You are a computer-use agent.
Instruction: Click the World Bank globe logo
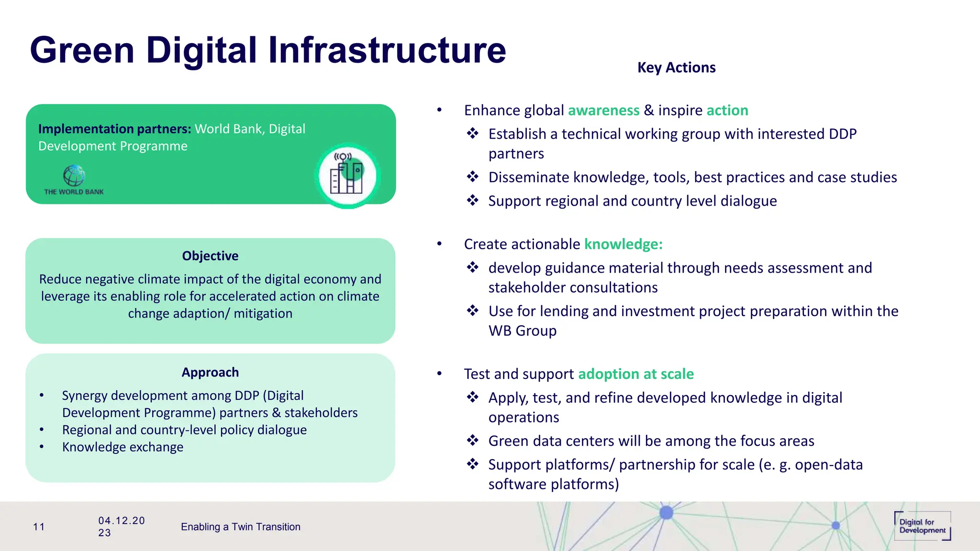click(x=74, y=176)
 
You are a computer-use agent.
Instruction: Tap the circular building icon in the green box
click(x=347, y=176)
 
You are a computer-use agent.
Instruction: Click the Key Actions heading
click(x=676, y=67)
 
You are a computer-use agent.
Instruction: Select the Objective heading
click(x=210, y=256)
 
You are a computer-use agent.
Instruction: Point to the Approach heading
click(x=210, y=372)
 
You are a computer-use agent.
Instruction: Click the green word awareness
click(x=603, y=110)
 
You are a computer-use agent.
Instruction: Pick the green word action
click(x=727, y=110)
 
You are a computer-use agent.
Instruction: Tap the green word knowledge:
click(x=623, y=244)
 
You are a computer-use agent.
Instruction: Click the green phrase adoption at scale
click(x=635, y=374)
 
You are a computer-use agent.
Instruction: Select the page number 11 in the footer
click(x=39, y=527)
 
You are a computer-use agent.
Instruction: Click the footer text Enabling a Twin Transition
click(x=240, y=527)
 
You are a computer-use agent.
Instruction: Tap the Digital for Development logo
click(x=922, y=526)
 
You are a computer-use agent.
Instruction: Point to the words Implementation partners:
click(x=114, y=129)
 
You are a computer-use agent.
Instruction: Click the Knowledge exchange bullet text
click(x=122, y=447)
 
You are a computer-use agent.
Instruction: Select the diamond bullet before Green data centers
click(x=473, y=441)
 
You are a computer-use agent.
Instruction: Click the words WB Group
click(x=522, y=331)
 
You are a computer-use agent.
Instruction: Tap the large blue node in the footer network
click(x=666, y=513)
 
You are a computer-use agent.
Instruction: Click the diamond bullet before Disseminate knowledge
click(x=473, y=177)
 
